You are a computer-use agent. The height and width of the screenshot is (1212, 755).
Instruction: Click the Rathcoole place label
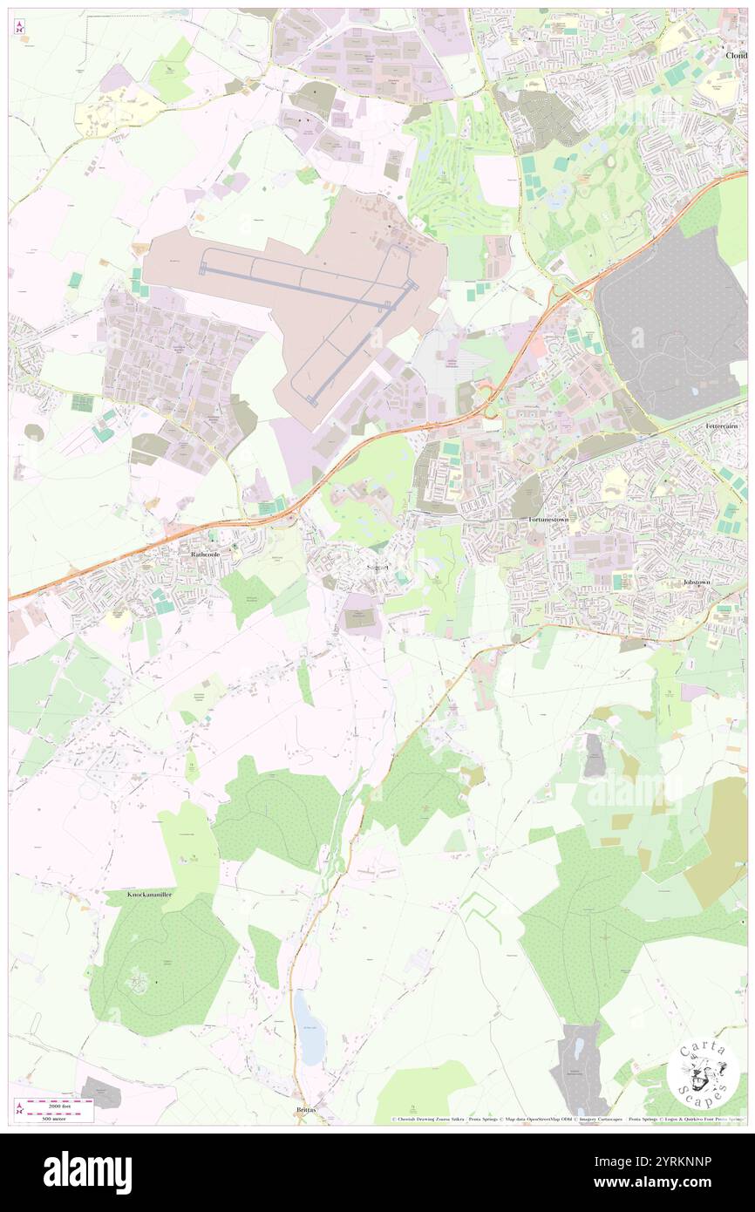point(203,554)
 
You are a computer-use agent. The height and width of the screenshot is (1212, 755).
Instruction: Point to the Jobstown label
point(698,582)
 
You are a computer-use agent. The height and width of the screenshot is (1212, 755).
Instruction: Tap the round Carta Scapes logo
point(703,1072)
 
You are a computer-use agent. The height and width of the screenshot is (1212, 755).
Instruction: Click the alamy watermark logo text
point(87,1173)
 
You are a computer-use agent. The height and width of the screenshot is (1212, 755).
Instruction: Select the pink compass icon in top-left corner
point(19,27)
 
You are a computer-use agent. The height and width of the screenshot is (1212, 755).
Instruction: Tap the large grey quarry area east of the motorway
point(671,323)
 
